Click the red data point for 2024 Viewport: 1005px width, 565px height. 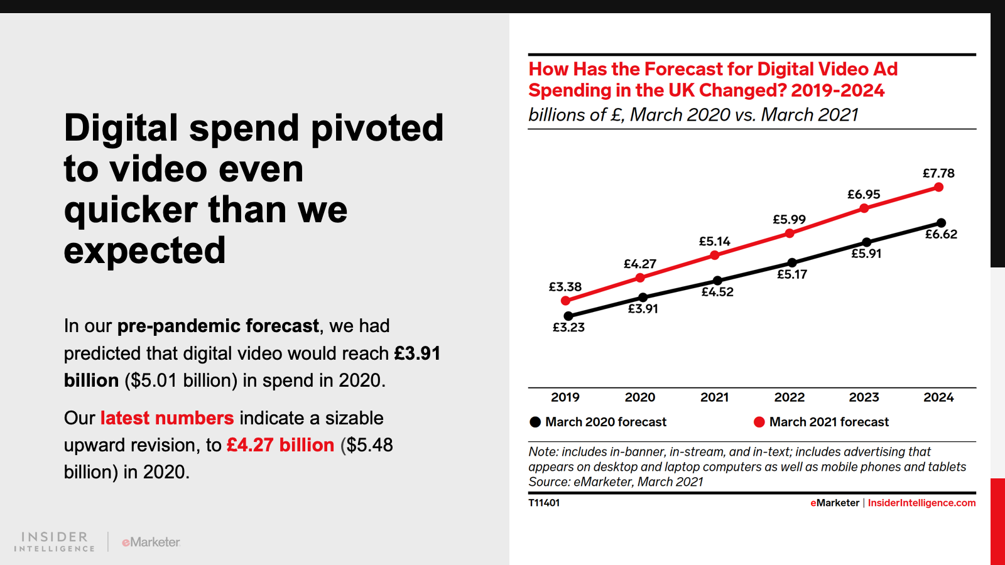click(938, 187)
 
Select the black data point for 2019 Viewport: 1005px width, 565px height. click(568, 316)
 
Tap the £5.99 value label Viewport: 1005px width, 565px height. click(789, 220)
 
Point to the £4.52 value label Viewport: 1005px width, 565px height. click(717, 292)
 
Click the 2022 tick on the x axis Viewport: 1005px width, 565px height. click(789, 397)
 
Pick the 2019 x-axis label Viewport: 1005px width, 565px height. click(565, 397)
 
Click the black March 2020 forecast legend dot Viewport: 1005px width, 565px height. click(535, 422)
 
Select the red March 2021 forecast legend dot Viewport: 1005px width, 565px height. click(759, 422)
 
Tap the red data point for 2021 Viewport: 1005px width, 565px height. click(715, 255)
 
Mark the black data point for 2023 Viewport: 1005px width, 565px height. click(866, 242)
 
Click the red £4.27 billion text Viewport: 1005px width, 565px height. click(280, 445)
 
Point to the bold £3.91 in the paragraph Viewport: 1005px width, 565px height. click(417, 353)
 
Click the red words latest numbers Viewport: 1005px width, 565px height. click(167, 418)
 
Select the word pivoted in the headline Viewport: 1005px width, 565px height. click(377, 128)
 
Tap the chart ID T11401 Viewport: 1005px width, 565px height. click(544, 503)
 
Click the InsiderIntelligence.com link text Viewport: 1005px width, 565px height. click(921, 503)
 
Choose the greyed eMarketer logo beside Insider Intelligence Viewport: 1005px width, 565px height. click(151, 542)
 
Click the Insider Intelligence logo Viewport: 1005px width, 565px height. click(55, 542)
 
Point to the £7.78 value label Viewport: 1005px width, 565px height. click(938, 173)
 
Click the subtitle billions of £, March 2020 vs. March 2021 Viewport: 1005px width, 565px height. click(693, 115)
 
